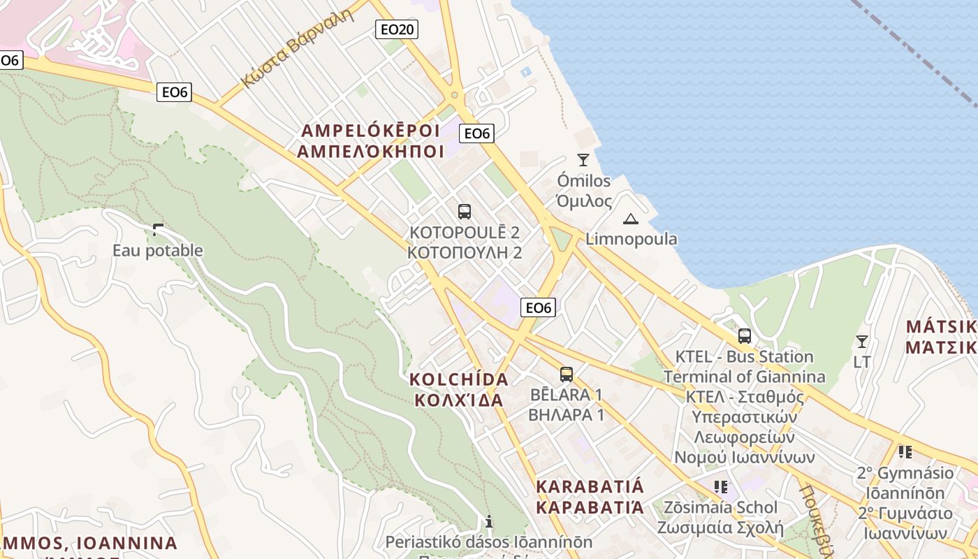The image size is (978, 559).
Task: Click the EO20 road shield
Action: pyautogui.click(x=397, y=29)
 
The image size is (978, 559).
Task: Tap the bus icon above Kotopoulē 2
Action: pyautogui.click(x=464, y=211)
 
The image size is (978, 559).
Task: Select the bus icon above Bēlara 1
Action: pyautogui.click(x=566, y=374)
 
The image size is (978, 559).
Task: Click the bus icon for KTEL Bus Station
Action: pyautogui.click(x=745, y=336)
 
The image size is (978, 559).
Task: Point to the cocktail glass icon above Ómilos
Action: pyautogui.click(x=583, y=160)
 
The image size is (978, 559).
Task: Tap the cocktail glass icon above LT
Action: pyautogui.click(x=862, y=342)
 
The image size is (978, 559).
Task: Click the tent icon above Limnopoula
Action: pyautogui.click(x=631, y=219)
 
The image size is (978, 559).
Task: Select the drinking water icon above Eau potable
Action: pyautogui.click(x=158, y=229)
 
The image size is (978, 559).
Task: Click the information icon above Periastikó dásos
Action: pyautogui.click(x=489, y=521)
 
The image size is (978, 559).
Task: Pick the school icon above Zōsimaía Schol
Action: pyautogui.click(x=721, y=486)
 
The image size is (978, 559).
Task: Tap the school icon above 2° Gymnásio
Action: pyautogui.click(x=905, y=452)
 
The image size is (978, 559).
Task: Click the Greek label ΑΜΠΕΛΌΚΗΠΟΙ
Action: pyautogui.click(x=371, y=151)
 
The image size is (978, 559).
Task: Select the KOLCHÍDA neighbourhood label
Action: pyautogui.click(x=459, y=379)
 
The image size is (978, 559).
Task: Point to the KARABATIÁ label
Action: pyautogui.click(x=590, y=486)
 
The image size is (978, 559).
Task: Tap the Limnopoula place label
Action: pyautogui.click(x=632, y=239)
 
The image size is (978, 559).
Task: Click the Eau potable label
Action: pyautogui.click(x=158, y=250)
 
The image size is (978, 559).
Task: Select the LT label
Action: pyautogui.click(x=862, y=362)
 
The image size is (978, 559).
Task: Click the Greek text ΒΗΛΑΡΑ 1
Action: pyautogui.click(x=566, y=414)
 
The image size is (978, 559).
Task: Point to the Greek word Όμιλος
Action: pyautogui.click(x=584, y=201)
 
